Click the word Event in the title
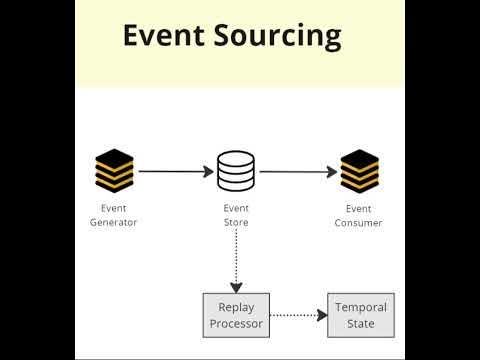point(163,36)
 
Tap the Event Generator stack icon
point(114,171)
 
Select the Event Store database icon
point(235,171)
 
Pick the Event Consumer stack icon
point(358,171)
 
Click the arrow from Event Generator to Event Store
point(175,171)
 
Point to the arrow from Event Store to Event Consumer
point(298,171)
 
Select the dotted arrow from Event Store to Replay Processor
point(236,261)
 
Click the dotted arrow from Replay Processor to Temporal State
point(299,315)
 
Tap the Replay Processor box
point(236,315)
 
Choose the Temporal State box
point(360,315)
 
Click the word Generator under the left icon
point(113,222)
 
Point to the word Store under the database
point(236,222)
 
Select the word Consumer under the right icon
point(358,222)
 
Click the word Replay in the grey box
point(236,307)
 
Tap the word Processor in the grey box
point(236,323)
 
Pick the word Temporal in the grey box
point(360,307)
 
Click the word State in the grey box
point(360,323)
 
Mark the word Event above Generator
point(113,208)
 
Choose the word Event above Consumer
point(358,208)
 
